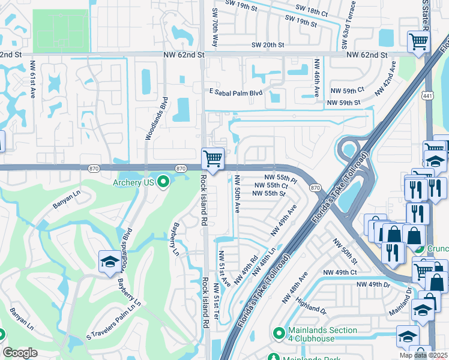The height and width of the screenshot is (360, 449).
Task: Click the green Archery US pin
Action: [162, 182]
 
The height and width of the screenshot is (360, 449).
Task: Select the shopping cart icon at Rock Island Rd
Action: [212, 159]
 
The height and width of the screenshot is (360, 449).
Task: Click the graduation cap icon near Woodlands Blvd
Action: [109, 262]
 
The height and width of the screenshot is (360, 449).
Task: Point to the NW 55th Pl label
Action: [282, 179]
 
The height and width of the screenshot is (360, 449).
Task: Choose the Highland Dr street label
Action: [312, 307]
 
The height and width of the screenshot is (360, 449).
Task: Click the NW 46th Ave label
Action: [316, 78]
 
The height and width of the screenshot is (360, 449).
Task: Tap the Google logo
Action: [20, 353]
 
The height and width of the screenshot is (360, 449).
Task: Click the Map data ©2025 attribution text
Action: [424, 355]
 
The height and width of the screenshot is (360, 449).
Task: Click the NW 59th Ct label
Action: [348, 90]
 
